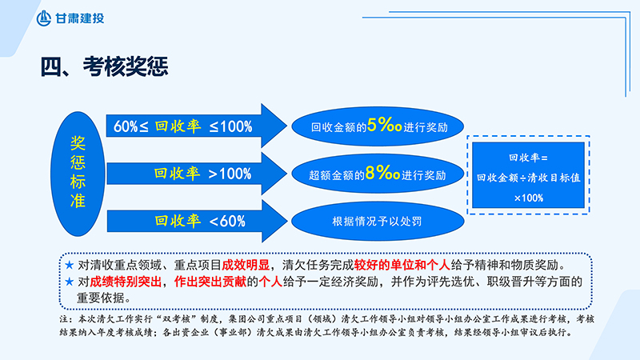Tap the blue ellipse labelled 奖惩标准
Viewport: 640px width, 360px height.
(x=78, y=172)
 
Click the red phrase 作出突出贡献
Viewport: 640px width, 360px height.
(x=206, y=281)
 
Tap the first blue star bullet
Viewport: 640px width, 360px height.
(x=68, y=264)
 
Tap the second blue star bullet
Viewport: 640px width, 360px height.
(x=68, y=281)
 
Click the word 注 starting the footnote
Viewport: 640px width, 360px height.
(x=64, y=318)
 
